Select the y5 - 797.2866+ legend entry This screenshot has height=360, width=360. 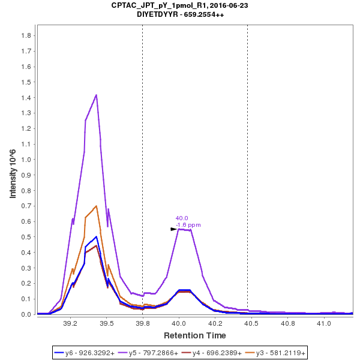[x=153, y=353]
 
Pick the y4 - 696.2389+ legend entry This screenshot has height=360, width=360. [x=217, y=353]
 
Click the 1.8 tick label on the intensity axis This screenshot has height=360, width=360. [x=26, y=35]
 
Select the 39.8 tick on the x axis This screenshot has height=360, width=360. [x=142, y=323]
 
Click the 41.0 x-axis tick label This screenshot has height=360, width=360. [x=324, y=323]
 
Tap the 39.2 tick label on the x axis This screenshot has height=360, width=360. [x=70, y=323]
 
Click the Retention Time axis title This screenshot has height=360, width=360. [x=195, y=335]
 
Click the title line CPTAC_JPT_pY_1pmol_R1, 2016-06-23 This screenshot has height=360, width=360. [x=179, y=5]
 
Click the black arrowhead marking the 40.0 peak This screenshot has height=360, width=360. [x=174, y=229]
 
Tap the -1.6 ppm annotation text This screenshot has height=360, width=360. [x=188, y=225]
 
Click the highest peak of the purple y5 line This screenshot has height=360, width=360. [x=96, y=95]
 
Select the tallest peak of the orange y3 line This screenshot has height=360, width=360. [x=96, y=206]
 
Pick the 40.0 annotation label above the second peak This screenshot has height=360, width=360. [x=181, y=218]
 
